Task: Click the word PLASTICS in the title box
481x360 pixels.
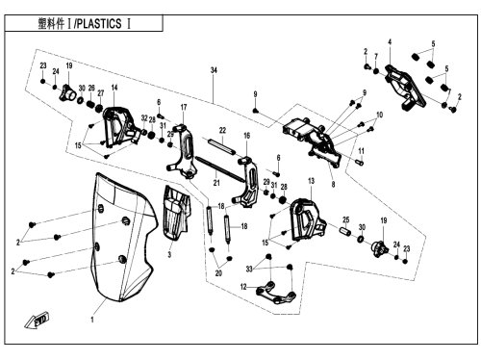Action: pos(99,24)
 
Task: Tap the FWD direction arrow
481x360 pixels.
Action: pos(37,320)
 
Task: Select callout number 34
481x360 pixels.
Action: pos(214,70)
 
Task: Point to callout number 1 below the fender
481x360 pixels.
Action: pos(92,320)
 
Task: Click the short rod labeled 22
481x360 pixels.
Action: pos(222,146)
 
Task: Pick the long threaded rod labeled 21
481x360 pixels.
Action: pos(219,168)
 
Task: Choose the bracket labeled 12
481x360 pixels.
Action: pos(276,293)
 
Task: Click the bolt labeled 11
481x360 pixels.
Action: pos(360,163)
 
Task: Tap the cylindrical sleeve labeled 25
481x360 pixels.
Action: pos(345,231)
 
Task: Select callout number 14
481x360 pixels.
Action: pos(114,88)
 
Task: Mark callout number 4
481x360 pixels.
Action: pos(390,41)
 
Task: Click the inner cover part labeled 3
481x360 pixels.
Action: pos(177,213)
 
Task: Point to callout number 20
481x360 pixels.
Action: pos(218,273)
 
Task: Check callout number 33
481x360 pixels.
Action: pos(249,270)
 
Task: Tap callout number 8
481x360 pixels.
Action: pos(334,185)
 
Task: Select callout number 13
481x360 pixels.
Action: pos(312,181)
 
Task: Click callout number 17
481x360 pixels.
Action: pos(184,107)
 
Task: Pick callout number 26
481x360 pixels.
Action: pos(91,88)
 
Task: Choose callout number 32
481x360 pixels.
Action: pos(144,118)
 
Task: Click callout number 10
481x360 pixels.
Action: pos(380,115)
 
